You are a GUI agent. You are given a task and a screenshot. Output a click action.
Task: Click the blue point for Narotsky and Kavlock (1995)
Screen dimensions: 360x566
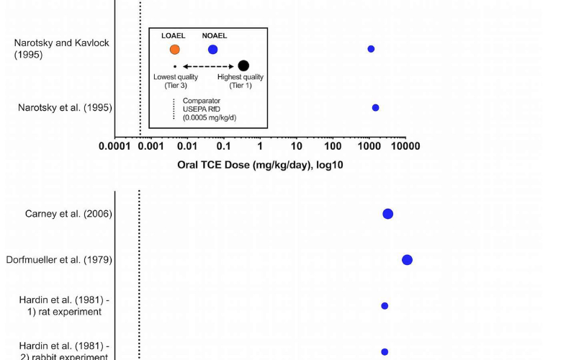click(371, 49)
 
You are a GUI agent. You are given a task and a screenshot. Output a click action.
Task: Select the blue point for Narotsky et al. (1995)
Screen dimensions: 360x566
click(375, 107)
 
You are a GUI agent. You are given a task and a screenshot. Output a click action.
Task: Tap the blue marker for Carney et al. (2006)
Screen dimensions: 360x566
click(387, 214)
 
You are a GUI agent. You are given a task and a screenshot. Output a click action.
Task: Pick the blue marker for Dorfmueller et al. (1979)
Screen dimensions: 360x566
click(407, 260)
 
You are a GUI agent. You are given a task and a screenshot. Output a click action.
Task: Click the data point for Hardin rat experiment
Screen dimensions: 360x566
click(385, 306)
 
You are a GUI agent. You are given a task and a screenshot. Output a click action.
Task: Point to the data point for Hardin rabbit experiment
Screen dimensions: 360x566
click(385, 351)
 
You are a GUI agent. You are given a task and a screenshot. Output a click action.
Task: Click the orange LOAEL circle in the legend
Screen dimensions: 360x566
click(174, 50)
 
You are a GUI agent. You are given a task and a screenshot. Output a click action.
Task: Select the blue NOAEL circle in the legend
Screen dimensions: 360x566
click(212, 50)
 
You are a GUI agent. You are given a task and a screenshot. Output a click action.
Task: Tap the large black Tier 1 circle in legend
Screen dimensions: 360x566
click(243, 66)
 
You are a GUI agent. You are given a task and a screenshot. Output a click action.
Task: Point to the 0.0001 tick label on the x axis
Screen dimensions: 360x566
click(120, 146)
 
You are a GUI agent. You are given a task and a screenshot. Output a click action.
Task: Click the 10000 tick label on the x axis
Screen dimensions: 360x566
click(405, 146)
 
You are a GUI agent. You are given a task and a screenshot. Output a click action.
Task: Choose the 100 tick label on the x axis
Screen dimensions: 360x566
click(333, 146)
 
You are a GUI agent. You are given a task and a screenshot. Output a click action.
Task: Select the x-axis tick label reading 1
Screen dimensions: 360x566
click(260, 146)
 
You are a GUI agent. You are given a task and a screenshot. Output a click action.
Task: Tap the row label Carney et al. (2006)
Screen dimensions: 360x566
click(68, 214)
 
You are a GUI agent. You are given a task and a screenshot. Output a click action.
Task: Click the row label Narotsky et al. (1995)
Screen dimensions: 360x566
click(65, 108)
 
